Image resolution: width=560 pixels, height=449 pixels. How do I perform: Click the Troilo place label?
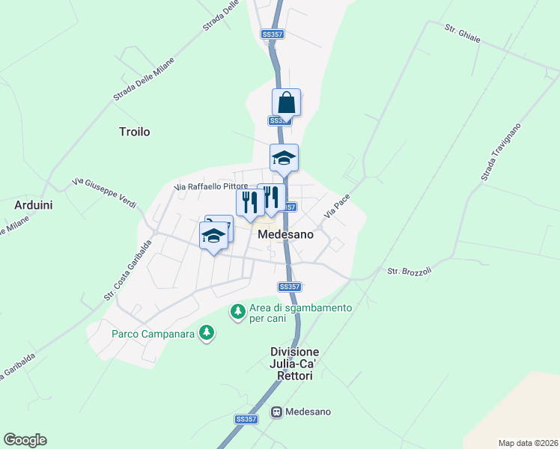click(x=135, y=132)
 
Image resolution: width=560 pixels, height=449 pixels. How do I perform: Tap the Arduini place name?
click(x=33, y=204)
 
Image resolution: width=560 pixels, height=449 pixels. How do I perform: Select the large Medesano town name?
click(x=284, y=234)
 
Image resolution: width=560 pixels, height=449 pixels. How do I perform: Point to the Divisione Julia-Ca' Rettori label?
click(x=295, y=364)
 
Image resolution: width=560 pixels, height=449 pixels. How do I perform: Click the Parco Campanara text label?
click(x=153, y=334)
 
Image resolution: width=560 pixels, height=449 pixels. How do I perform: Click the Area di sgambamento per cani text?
click(x=300, y=314)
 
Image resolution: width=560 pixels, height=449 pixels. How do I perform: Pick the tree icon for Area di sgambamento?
click(x=238, y=310)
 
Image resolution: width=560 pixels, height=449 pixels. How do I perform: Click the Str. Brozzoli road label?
click(x=410, y=271)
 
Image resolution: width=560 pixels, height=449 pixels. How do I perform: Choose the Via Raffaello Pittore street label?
click(x=210, y=186)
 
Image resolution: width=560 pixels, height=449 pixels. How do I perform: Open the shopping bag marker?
click(x=286, y=103)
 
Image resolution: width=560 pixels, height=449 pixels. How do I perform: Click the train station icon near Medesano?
click(x=277, y=412)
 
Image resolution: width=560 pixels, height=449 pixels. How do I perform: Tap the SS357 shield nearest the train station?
click(x=246, y=419)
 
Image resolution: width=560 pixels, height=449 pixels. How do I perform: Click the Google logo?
click(x=25, y=439)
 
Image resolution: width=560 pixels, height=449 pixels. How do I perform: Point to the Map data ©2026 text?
click(x=528, y=443)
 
